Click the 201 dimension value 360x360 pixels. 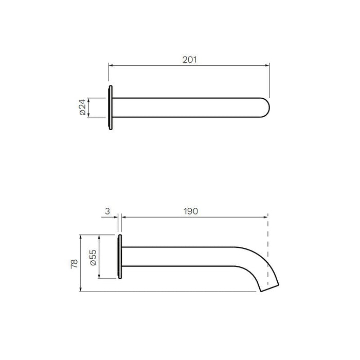coord(190,60)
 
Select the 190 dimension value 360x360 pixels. coord(190,211)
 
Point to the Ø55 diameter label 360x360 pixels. coord(93,257)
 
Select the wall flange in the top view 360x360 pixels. coord(110,107)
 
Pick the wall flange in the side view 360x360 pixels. coord(120,257)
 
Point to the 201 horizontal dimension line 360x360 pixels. coord(154,65)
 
